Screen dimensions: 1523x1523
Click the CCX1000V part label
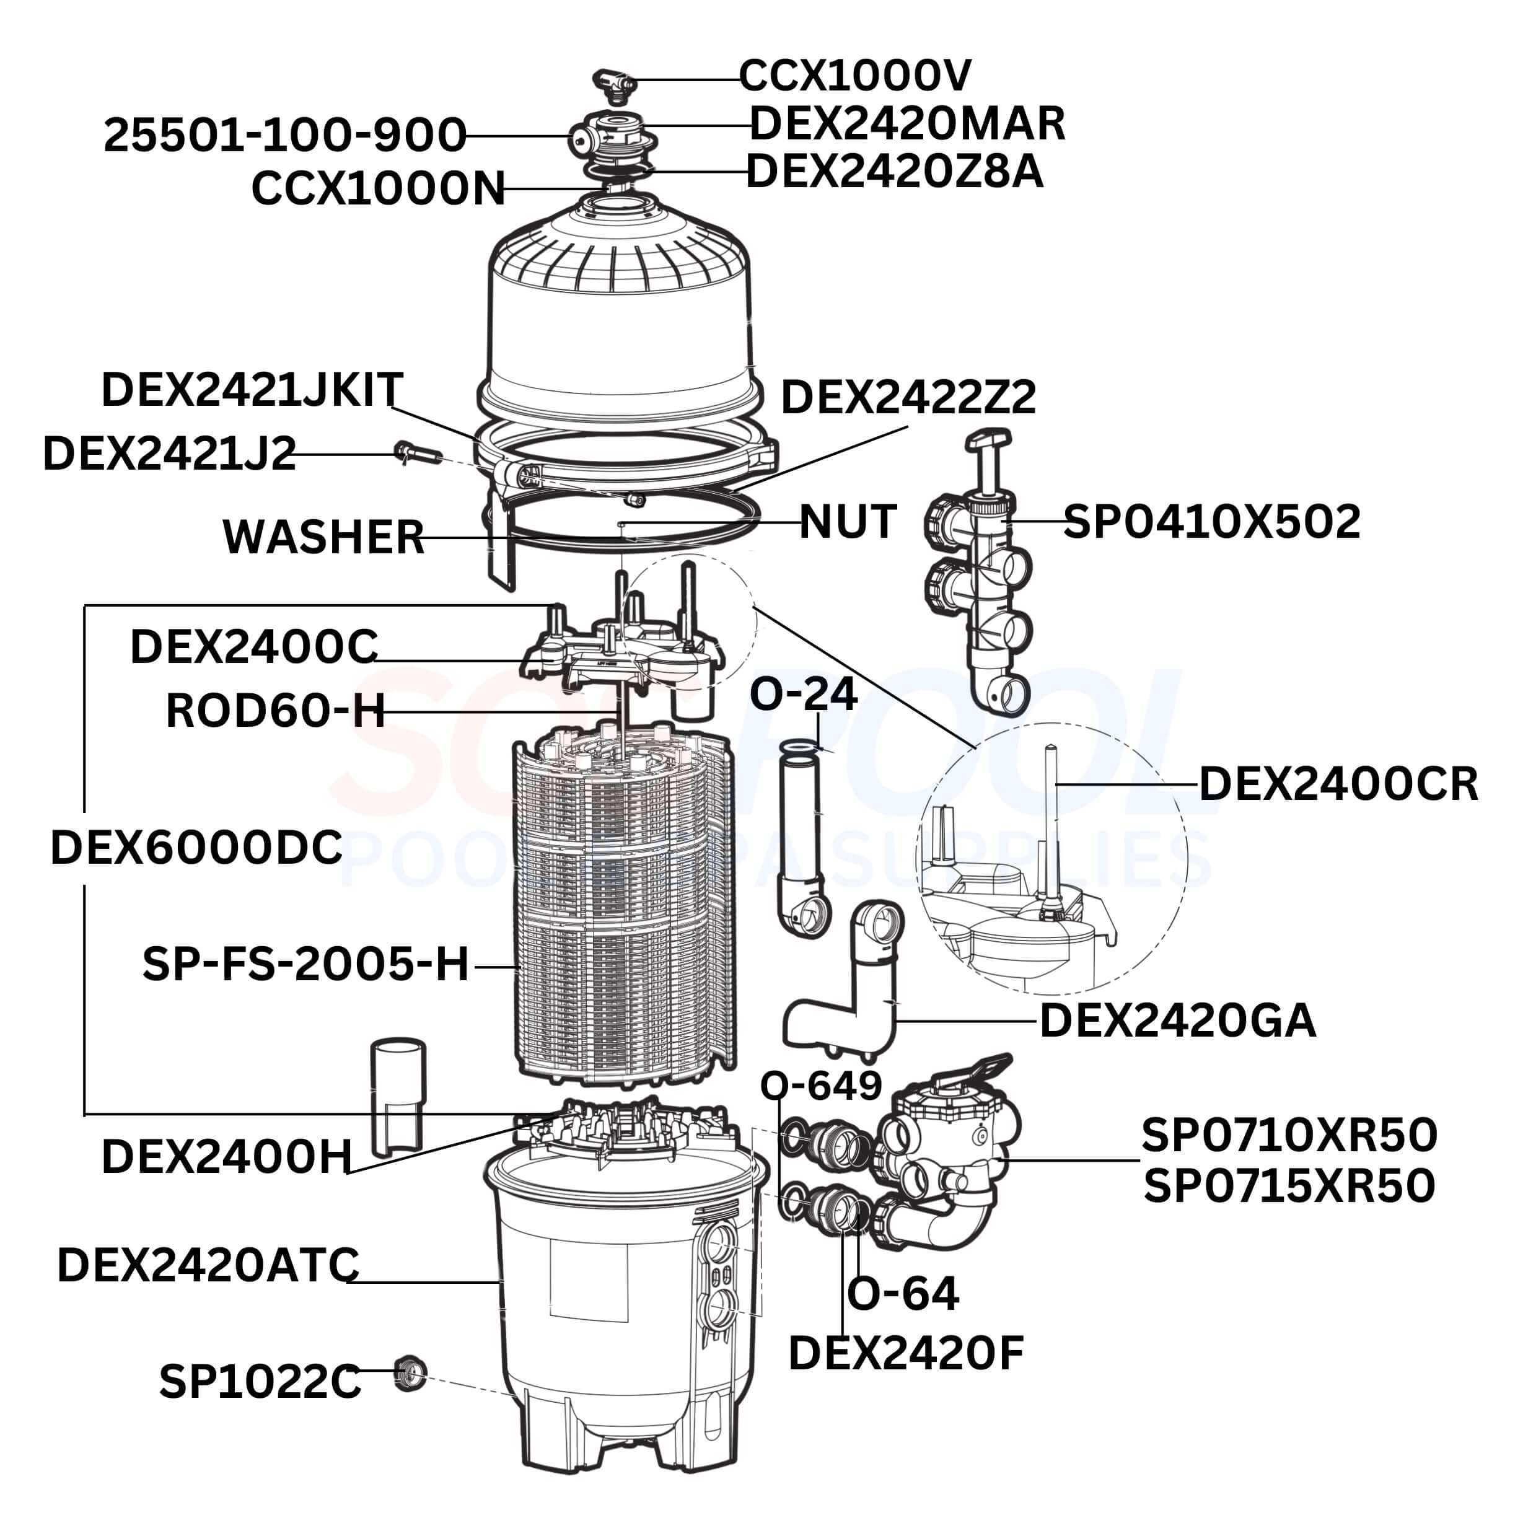[x=854, y=76]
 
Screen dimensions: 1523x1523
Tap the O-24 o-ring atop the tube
[x=798, y=747]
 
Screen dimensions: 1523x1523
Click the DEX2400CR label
[x=1338, y=784]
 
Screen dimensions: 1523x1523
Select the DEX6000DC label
[x=196, y=848]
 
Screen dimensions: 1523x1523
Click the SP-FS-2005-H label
[x=306, y=964]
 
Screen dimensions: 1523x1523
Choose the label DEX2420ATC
[x=208, y=1265]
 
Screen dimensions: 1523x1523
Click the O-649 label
[x=820, y=1086]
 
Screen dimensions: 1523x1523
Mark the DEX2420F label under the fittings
[x=905, y=1353]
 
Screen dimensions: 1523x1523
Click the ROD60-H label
[x=275, y=711]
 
